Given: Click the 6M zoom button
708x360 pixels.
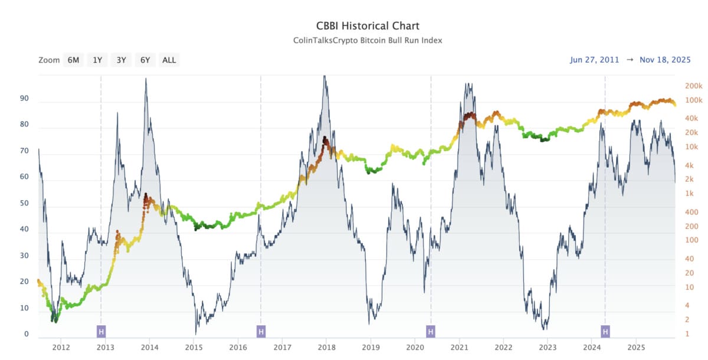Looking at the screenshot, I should click(x=73, y=60).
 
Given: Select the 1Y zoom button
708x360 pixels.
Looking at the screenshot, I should click(x=97, y=60).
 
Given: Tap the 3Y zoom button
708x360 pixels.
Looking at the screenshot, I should click(x=121, y=60).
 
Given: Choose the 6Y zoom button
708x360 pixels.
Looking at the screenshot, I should click(x=145, y=60).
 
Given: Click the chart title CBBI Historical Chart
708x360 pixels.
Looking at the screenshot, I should click(x=368, y=26).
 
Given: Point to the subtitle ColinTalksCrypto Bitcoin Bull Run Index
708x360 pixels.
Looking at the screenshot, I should click(x=368, y=40).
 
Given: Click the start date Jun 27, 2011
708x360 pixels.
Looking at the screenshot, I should click(x=594, y=60).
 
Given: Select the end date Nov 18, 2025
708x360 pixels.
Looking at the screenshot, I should click(x=665, y=60).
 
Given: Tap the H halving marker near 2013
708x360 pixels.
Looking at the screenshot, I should click(x=101, y=332).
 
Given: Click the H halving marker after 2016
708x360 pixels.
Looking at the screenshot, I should click(x=261, y=332).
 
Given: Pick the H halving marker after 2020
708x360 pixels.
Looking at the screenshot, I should click(x=431, y=332).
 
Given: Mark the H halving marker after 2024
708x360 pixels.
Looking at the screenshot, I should click(x=605, y=332).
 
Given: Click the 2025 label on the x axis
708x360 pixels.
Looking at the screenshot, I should click(x=636, y=347).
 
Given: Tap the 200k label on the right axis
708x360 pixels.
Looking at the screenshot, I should click(x=693, y=86).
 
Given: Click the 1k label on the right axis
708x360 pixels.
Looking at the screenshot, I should click(x=689, y=194).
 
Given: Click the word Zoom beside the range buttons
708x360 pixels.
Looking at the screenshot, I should click(x=49, y=60).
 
